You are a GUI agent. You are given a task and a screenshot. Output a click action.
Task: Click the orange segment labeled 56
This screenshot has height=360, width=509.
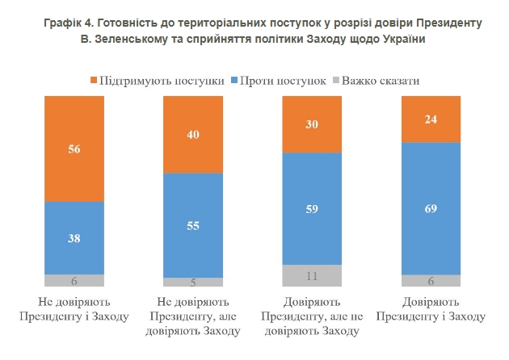point(74,149)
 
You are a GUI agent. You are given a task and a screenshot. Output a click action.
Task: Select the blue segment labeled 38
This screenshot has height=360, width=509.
point(74,237)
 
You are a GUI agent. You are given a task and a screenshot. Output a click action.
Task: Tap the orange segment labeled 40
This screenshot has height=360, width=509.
point(193,134)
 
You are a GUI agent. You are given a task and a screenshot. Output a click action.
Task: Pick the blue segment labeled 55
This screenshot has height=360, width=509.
point(193,225)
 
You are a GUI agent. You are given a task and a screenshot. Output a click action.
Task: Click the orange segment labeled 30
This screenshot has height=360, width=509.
point(312,123)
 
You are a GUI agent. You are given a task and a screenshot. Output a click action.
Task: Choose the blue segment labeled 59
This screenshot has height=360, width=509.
point(312,208)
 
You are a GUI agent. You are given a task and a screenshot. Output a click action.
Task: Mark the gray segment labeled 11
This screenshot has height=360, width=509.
point(312,275)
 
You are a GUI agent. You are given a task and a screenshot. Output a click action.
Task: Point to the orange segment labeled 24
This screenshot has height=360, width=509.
point(431,118)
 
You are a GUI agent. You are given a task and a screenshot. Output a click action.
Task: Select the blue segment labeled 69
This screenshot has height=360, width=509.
point(431,208)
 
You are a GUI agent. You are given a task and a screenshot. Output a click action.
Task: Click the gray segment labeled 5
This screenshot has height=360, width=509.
point(193,283)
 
